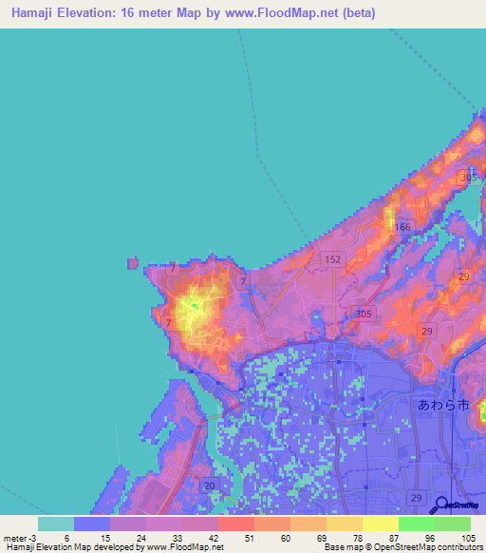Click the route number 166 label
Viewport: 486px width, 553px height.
403,227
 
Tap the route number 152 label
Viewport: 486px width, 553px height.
332,259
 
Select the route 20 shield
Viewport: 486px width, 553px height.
209,486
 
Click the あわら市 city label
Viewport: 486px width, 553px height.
444,405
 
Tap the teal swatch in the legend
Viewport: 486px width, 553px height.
56,524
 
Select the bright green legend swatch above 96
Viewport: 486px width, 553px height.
416,524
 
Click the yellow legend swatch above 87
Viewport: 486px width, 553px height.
380,524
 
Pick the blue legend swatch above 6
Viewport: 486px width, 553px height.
92,524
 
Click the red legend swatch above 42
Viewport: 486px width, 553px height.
236,524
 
